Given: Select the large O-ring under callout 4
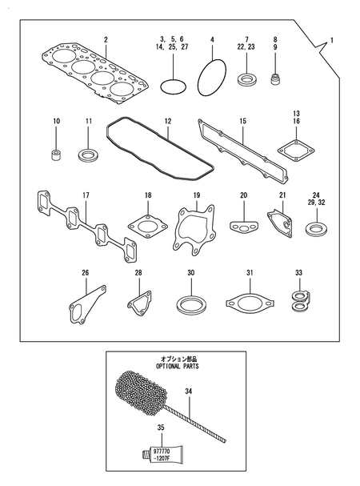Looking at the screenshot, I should tap(211, 77).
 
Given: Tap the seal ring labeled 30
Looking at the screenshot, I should tap(190, 307).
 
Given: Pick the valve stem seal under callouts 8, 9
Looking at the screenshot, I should tap(276, 80).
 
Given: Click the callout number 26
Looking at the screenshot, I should tap(86, 273).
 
